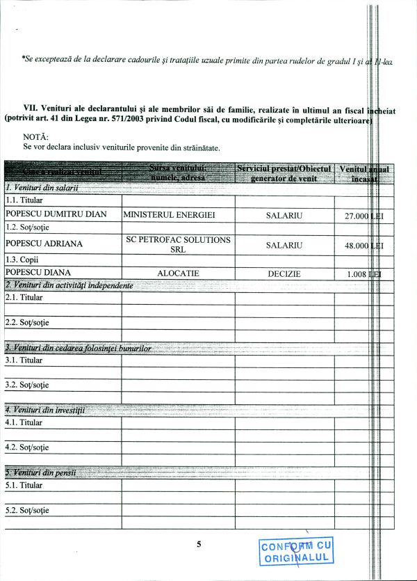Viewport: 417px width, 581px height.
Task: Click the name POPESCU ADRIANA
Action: click(x=44, y=244)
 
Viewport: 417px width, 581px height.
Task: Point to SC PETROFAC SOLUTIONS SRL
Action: click(x=179, y=244)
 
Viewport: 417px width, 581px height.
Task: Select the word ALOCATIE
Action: click(x=179, y=273)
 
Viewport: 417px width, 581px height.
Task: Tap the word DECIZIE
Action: click(x=284, y=273)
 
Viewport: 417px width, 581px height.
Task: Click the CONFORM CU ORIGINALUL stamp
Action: click(x=297, y=552)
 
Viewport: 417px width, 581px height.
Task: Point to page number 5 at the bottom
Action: click(x=199, y=544)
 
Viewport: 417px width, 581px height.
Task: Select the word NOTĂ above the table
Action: click(x=35, y=137)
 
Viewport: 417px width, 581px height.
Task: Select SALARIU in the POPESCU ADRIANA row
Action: click(x=284, y=245)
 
